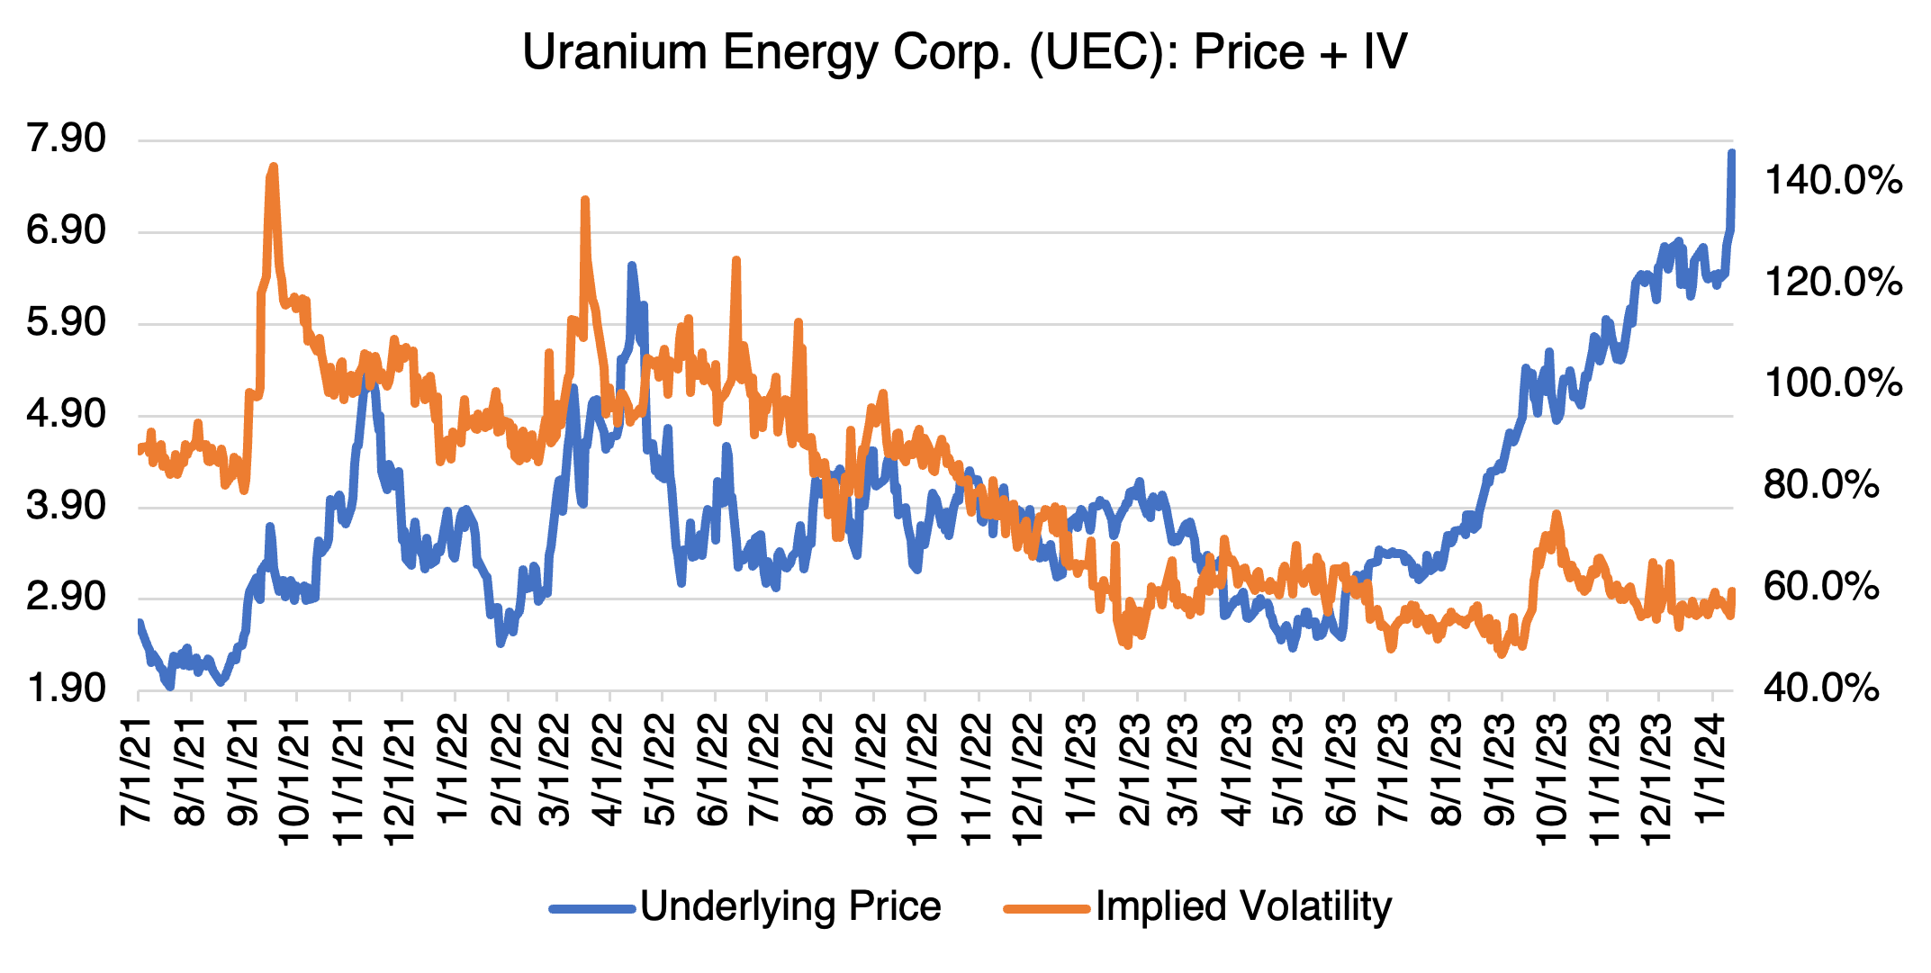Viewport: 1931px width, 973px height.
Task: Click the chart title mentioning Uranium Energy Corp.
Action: click(x=964, y=52)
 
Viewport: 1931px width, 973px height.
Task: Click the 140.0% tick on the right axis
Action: click(x=1833, y=180)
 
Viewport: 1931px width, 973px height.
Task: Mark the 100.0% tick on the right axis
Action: click(x=1833, y=383)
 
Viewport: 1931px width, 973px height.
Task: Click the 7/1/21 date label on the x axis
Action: click(x=138, y=770)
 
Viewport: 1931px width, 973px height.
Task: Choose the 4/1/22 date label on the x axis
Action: click(x=610, y=770)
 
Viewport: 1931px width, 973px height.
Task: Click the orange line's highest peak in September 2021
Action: click(x=273, y=167)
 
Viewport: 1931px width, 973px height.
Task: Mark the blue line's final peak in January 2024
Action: click(x=1731, y=153)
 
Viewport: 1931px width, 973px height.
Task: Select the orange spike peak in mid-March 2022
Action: click(x=585, y=200)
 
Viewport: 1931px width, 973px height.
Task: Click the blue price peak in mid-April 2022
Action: click(x=632, y=265)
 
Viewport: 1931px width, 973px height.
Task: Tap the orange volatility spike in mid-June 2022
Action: click(x=736, y=260)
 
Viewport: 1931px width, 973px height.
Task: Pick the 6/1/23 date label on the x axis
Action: click(x=1343, y=770)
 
